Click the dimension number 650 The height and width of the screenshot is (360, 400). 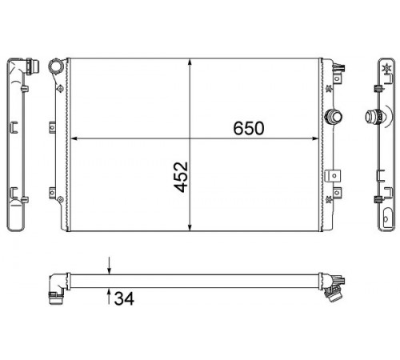[249, 128]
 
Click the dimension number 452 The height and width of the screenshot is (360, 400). [181, 177]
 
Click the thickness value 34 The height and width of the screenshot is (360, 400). [124, 298]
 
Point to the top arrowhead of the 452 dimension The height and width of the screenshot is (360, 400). [190, 62]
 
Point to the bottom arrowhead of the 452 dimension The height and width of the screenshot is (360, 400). [190, 226]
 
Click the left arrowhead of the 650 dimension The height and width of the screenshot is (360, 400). [74, 138]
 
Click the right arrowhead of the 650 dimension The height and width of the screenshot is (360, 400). [315, 138]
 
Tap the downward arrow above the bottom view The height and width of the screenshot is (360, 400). [109, 266]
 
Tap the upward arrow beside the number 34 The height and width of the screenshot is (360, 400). [109, 296]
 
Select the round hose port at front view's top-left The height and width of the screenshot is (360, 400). [57, 66]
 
